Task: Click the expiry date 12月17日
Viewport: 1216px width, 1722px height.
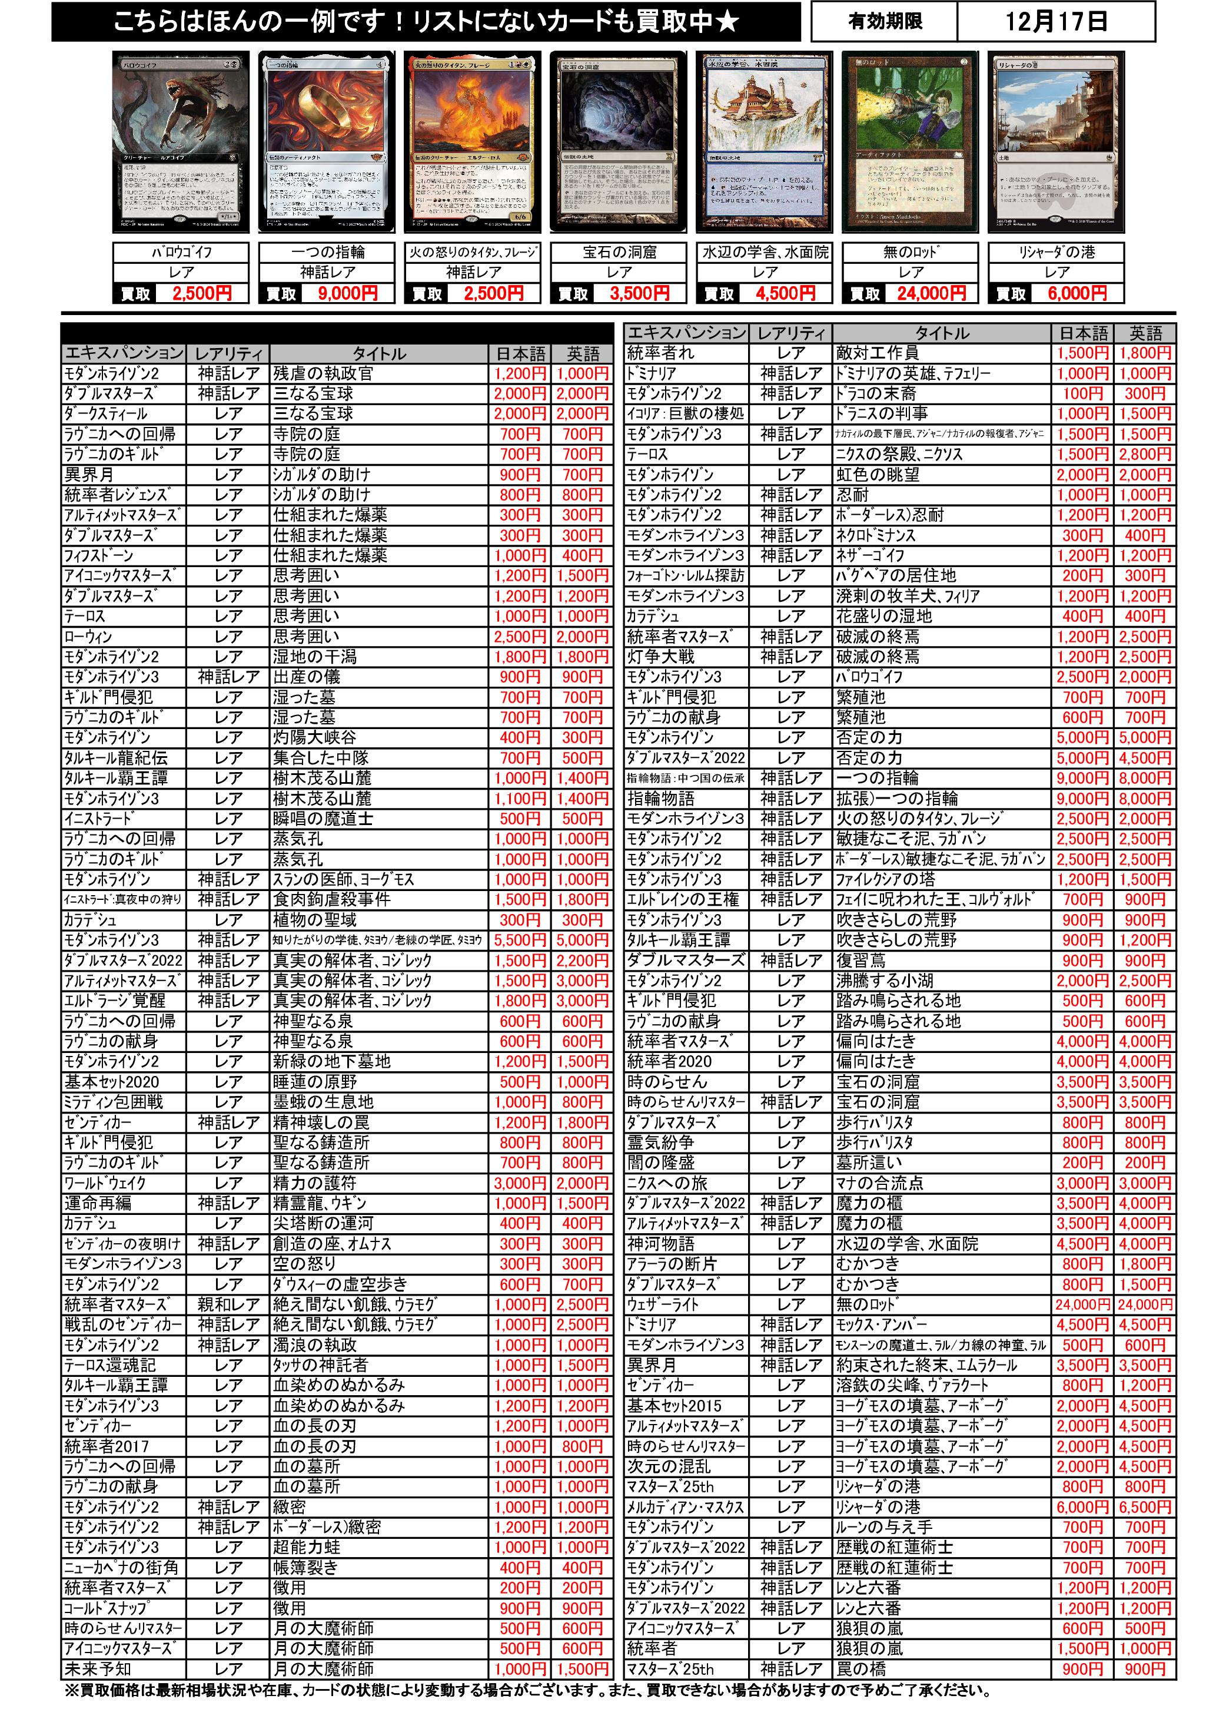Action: tap(1055, 22)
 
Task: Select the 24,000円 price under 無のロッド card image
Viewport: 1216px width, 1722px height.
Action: tap(931, 293)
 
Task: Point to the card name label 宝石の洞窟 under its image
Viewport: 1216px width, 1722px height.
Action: tap(619, 252)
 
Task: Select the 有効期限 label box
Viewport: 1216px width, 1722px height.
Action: tap(885, 22)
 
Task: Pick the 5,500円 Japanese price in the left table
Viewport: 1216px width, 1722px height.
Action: tap(520, 940)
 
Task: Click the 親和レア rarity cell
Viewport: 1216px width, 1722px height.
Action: tap(228, 1304)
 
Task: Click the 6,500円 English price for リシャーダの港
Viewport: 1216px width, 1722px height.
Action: tap(1145, 1506)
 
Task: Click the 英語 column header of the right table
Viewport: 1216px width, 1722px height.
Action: tap(1145, 333)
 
